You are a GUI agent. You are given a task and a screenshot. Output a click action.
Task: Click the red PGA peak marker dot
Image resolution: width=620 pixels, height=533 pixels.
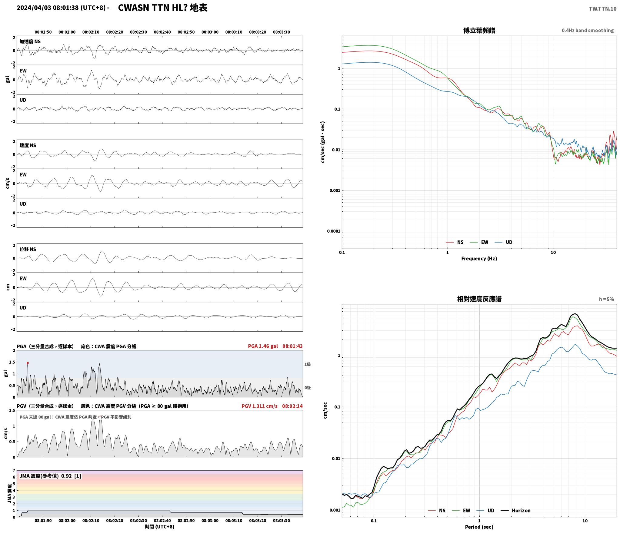(x=28, y=363)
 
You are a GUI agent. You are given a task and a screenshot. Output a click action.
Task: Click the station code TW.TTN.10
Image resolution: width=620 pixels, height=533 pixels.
(x=602, y=9)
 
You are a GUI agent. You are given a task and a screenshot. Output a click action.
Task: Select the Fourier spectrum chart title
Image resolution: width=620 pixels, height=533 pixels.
(x=479, y=31)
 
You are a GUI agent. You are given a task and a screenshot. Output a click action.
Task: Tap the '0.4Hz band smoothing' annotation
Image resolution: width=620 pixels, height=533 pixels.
(x=588, y=31)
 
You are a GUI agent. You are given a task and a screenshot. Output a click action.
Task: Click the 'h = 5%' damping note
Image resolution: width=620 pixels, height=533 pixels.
(x=606, y=299)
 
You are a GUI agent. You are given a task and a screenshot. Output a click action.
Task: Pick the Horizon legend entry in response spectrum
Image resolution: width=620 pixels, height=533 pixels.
(x=515, y=511)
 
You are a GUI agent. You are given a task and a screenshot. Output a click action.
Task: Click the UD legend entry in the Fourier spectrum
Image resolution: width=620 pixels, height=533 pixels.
(x=503, y=242)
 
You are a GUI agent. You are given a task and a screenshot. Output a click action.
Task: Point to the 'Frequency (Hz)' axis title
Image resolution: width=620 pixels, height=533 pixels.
(x=479, y=259)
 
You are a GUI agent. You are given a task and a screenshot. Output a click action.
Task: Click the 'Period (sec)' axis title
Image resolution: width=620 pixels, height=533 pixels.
(x=479, y=527)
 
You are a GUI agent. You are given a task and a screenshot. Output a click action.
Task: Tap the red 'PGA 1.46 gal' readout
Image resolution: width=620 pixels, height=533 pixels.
(x=263, y=346)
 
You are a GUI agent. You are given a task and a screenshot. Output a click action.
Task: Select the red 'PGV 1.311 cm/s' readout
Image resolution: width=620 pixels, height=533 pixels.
(x=259, y=406)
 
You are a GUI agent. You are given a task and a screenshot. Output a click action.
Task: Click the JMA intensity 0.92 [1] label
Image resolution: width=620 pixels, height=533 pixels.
(x=50, y=476)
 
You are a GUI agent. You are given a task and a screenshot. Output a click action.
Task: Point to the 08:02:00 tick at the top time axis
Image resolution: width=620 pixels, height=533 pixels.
(x=67, y=32)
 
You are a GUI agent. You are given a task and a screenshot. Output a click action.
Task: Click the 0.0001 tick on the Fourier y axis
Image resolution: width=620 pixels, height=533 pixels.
(x=333, y=231)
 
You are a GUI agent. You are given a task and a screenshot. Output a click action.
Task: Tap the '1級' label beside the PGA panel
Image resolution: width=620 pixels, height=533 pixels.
(x=308, y=364)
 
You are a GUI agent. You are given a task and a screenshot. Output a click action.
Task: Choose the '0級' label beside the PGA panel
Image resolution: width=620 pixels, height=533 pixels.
(x=308, y=388)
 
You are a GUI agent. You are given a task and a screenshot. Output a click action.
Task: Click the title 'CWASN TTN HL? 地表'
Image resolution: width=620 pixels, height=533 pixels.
(x=162, y=8)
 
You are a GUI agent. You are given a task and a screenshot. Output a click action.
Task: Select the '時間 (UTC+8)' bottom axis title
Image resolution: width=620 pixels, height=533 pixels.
(x=160, y=527)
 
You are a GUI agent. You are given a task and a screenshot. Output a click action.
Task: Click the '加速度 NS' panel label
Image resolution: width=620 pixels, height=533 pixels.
(x=30, y=41)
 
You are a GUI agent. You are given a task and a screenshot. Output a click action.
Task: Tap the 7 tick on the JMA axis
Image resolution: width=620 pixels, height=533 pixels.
(x=14, y=470)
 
